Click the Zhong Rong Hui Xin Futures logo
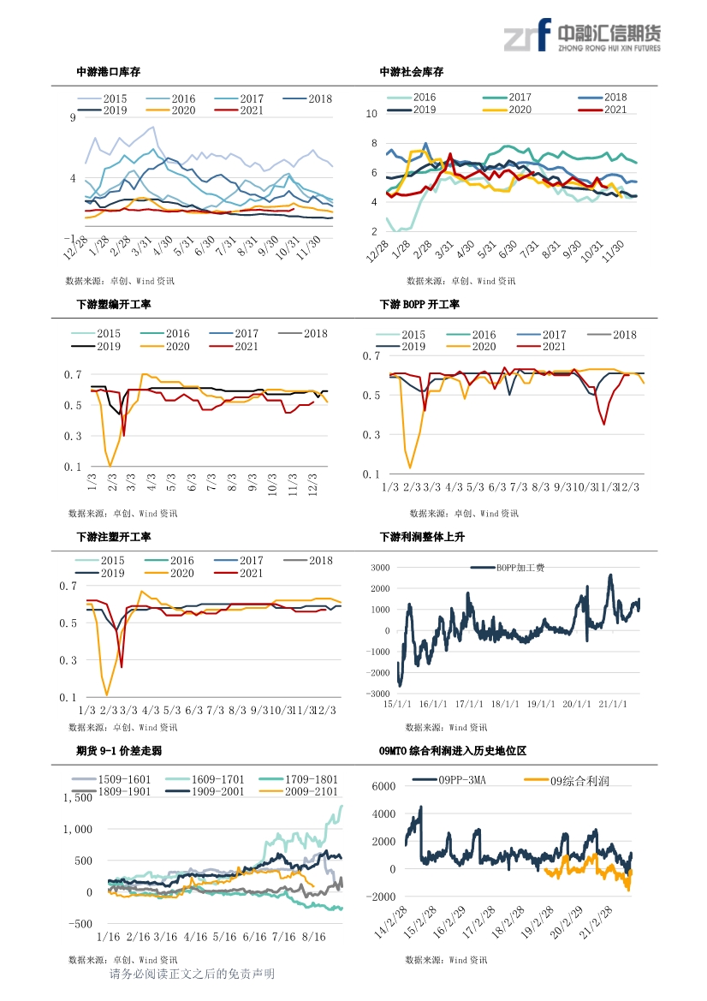582,35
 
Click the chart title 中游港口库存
109,72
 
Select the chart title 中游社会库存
412,72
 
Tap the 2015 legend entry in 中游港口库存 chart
103,99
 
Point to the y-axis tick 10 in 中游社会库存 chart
371,114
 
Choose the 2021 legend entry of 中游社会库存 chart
603,110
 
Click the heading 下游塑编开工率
114,305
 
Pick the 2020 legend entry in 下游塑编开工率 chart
164,347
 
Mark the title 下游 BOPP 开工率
419,305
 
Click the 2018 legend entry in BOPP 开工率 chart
611,335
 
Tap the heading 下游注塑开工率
114,537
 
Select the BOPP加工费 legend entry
508,568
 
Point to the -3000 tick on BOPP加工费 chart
379,694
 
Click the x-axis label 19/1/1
540,704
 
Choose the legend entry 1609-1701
205,779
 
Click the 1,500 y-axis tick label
78,798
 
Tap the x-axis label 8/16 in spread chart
313,937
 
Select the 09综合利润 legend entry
567,781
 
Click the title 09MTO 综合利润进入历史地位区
453,751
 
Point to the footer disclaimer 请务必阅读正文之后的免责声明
192,974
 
